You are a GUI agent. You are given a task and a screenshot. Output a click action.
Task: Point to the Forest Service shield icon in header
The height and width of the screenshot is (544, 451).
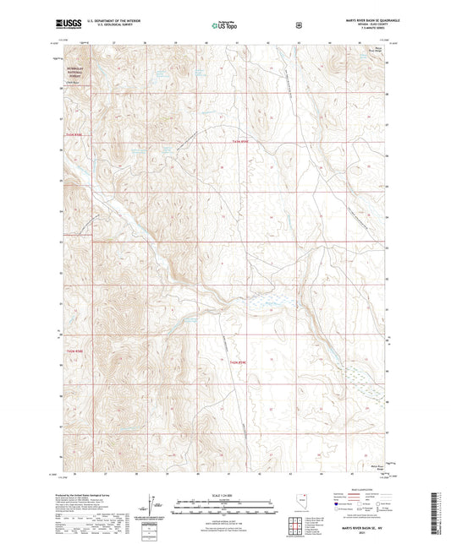(x=298, y=25)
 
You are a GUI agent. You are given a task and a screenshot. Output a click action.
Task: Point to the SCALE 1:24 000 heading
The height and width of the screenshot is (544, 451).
(x=225, y=492)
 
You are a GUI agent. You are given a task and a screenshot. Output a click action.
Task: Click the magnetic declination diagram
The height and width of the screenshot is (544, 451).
(x=151, y=504)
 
